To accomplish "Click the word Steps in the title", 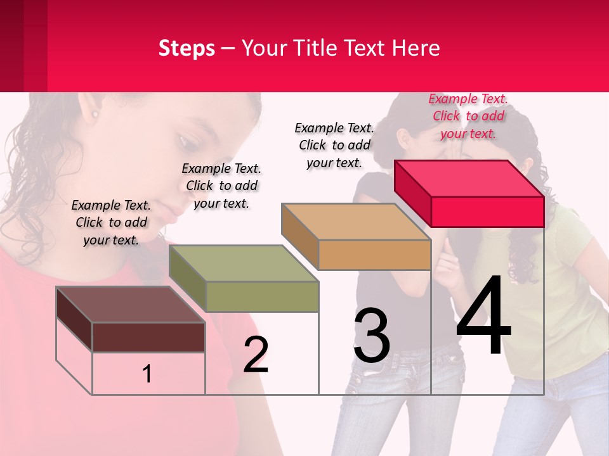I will (187, 48).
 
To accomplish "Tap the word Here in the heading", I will (416, 48).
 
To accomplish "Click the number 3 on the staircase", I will (372, 336).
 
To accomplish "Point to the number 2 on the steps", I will (256, 355).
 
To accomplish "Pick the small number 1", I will (147, 374).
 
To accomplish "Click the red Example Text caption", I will (468, 116).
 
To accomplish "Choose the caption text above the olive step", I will (221, 186).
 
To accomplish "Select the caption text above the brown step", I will (111, 222).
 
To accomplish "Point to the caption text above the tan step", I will (334, 145).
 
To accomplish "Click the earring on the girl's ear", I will (96, 115).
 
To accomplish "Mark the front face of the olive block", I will (262, 296).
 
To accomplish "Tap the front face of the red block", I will (487, 212).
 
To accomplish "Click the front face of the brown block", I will (148, 337).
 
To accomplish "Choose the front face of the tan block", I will (374, 255).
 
